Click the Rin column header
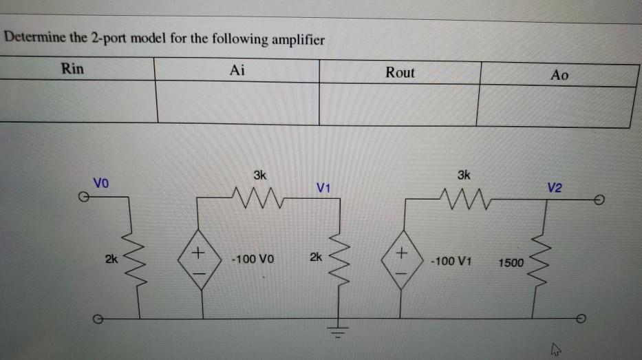(72, 69)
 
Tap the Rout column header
(400, 72)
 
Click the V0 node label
(100, 184)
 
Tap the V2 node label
(555, 187)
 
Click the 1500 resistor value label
(511, 262)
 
